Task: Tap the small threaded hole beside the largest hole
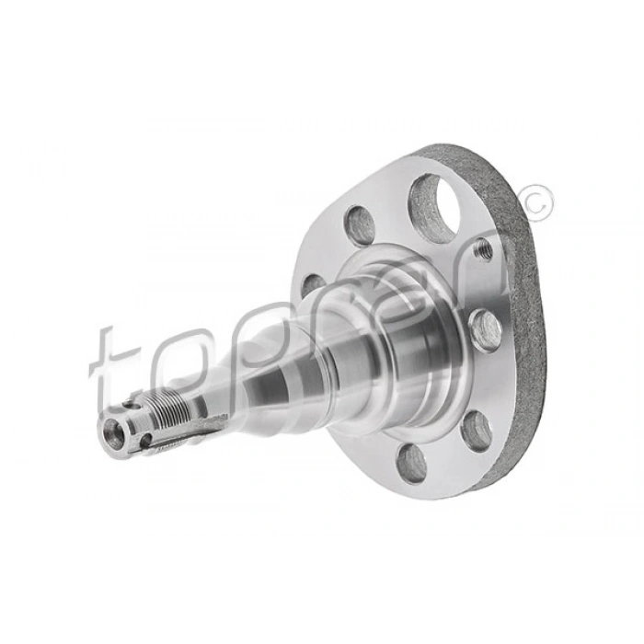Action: click(481, 248)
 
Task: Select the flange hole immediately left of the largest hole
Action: click(359, 225)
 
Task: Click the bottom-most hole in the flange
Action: click(411, 463)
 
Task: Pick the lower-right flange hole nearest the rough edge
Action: click(476, 430)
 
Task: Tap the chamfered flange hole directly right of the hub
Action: click(484, 328)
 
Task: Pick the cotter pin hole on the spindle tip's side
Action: click(145, 441)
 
